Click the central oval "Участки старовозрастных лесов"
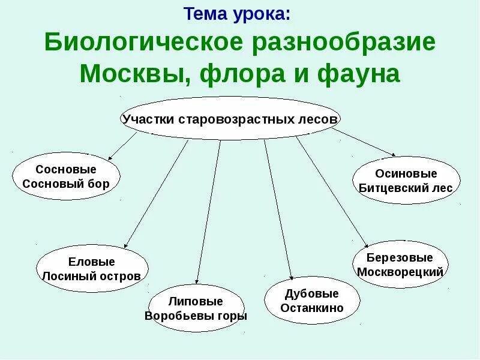230,119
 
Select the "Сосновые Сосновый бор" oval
66,176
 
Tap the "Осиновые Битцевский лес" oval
406,180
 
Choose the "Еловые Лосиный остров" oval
92,269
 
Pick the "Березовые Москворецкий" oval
400,265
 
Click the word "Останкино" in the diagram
312,308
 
